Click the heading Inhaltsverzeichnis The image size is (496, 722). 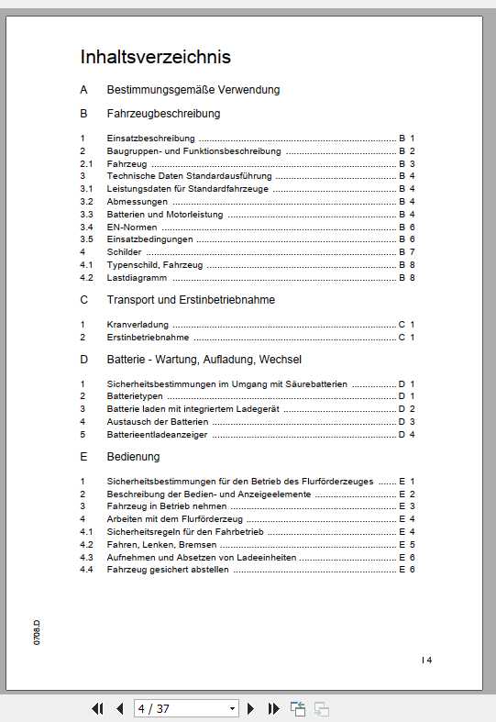pos(155,57)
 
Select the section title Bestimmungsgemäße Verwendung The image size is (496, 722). pos(193,90)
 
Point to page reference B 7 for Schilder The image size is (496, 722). pos(407,251)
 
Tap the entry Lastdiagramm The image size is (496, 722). pos(137,277)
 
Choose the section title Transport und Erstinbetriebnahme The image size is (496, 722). pos(191,300)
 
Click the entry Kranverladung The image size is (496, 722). pos(138,325)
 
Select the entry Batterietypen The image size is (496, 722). pos(136,396)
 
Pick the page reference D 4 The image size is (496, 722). pos(407,434)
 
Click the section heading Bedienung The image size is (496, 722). pos(133,457)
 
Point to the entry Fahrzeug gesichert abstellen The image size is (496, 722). pos(168,570)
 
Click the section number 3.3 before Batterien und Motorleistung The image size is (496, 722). pos(86,214)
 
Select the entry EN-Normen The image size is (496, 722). pos(131,227)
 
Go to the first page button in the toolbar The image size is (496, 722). pos(97,708)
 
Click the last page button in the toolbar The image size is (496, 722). pos(273,708)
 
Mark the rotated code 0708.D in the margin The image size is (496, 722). pos(37,632)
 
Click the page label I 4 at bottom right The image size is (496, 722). pos(426,660)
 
